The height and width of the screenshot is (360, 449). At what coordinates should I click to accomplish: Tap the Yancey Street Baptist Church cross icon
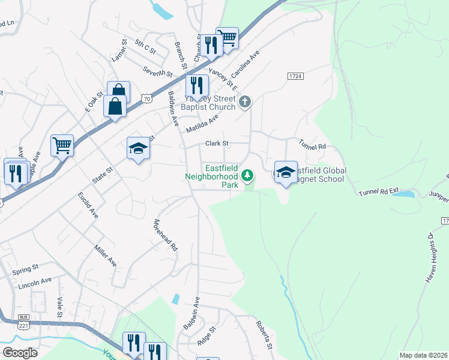point(244,102)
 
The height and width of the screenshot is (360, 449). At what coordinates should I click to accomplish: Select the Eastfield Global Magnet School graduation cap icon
point(286,172)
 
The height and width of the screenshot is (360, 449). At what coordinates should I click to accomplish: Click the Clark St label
point(217,143)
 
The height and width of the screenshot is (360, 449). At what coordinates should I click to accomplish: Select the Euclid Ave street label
point(88,205)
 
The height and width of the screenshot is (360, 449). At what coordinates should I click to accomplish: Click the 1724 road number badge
point(295,76)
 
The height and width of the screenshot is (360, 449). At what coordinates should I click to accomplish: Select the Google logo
point(20,352)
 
